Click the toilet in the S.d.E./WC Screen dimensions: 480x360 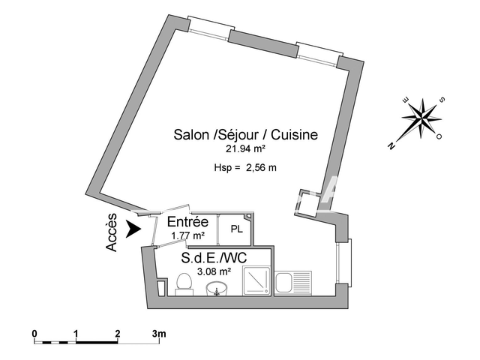point(184,284)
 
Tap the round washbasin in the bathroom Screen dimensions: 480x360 point(217,289)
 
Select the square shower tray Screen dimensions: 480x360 point(256,280)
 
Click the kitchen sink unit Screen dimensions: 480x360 point(293,283)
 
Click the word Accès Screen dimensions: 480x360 point(112,232)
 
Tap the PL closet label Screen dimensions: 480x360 point(237,229)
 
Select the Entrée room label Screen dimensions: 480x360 point(188,222)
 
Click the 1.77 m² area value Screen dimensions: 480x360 point(187,235)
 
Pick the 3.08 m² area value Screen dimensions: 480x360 point(214,271)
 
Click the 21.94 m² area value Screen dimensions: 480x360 point(245,148)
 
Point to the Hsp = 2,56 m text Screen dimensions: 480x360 point(245,168)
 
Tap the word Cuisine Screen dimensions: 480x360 point(295,135)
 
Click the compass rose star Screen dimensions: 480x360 point(422,118)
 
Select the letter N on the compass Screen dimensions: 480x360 point(391,146)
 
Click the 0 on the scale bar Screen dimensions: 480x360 point(34,333)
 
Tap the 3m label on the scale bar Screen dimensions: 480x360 point(159,333)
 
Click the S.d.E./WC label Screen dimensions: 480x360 point(214,258)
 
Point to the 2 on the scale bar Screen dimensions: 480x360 point(118,333)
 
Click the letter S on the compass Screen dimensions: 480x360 point(442,100)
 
